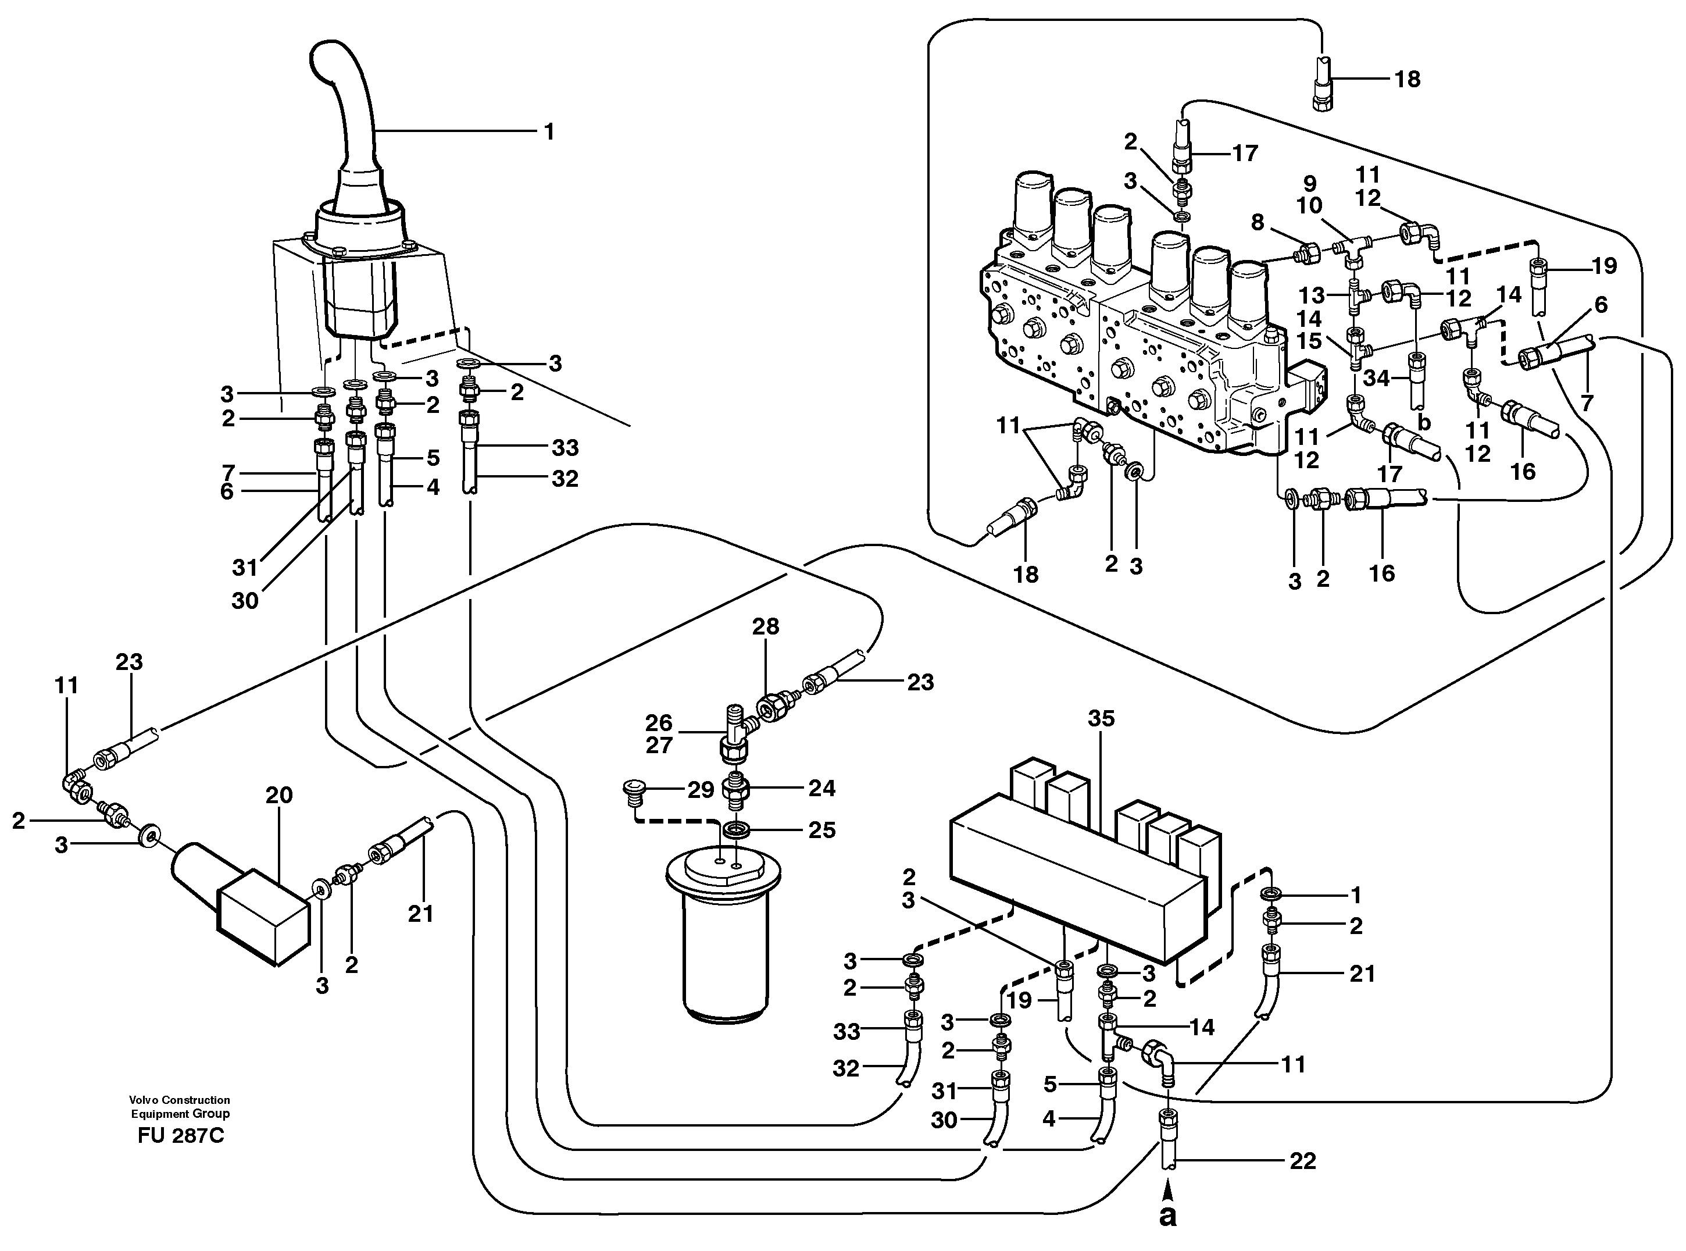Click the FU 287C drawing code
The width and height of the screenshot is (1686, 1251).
pyautogui.click(x=181, y=1136)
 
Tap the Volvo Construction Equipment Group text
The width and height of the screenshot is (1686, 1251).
pyautogui.click(x=180, y=1106)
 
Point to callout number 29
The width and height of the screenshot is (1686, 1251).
pyautogui.click(x=701, y=790)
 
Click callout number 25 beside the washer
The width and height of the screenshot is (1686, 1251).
pyautogui.click(x=821, y=830)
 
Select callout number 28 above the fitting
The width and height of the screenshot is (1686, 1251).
pyautogui.click(x=766, y=626)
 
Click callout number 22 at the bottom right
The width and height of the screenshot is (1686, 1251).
pyautogui.click(x=1302, y=1160)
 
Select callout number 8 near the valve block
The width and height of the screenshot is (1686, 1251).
pyautogui.click(x=1258, y=222)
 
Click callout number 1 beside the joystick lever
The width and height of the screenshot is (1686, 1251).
pyautogui.click(x=549, y=132)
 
